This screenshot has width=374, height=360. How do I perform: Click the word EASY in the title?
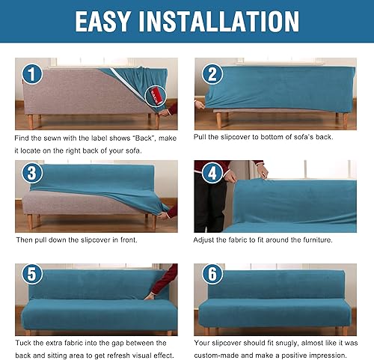(x=110, y=20)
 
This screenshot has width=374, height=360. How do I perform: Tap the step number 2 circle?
(x=212, y=73)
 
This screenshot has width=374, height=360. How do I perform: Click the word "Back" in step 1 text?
(x=133, y=139)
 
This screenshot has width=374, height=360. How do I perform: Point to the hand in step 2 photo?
(x=200, y=105)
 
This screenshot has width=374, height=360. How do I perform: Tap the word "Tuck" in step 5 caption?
(x=25, y=343)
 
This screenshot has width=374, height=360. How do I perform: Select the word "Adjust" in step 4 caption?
(x=206, y=240)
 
